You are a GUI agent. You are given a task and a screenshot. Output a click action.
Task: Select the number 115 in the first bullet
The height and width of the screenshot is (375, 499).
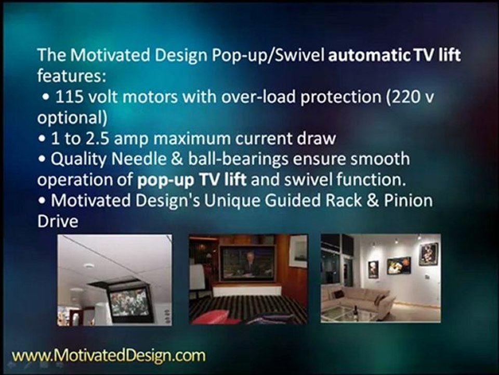pos(69,96)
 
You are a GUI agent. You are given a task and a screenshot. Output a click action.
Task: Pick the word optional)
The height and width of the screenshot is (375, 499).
pos(72,118)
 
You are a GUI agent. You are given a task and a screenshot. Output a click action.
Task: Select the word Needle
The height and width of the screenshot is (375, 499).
pos(139,159)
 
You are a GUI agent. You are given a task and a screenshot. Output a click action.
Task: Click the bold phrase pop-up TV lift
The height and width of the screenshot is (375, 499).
pos(192,180)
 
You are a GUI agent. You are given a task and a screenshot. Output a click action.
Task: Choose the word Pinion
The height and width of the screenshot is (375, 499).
pos(409,200)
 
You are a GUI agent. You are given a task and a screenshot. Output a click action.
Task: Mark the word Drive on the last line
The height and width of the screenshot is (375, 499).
pos(58,221)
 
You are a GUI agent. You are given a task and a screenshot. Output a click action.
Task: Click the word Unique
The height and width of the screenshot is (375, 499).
pos(232,201)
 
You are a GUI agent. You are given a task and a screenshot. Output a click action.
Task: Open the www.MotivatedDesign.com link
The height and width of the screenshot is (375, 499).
pos(109,355)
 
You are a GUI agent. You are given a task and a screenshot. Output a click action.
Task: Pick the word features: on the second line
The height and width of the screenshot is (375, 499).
pos(72,76)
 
